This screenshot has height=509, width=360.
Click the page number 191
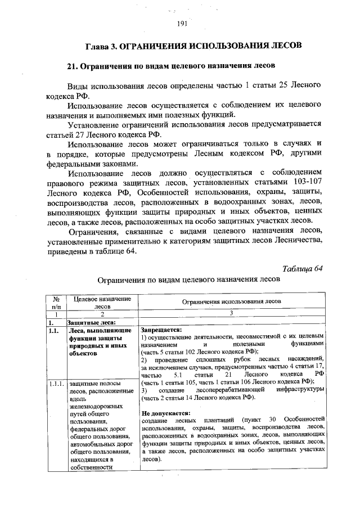click(181, 23)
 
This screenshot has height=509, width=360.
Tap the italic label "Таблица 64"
click(303, 267)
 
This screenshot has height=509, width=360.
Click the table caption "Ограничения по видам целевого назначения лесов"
click(188, 279)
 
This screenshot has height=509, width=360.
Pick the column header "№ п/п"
click(56, 303)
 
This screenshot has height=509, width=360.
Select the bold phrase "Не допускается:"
click(165, 412)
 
